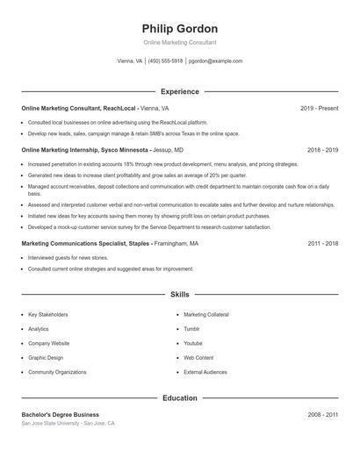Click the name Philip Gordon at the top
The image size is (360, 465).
pos(179,29)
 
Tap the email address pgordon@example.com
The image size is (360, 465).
pos(215,61)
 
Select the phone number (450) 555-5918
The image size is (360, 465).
pos(165,61)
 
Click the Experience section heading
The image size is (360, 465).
pos(179,91)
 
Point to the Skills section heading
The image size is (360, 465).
pos(179,295)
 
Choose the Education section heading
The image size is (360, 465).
pos(179,397)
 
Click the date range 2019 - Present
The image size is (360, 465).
pos(319,109)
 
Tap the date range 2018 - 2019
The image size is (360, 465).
pos(322,150)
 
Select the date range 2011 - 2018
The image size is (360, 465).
pos(322,243)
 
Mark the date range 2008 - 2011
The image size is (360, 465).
pos(322,414)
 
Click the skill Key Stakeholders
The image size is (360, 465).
pos(47,314)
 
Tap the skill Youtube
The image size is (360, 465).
pos(193,343)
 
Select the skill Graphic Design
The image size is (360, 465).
pos(47,358)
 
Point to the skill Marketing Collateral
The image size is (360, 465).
pos(206,314)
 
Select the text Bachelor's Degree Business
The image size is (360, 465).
pos(60,414)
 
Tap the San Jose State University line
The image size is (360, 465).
pos(68,423)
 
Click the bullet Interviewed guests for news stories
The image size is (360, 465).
pos(68,259)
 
